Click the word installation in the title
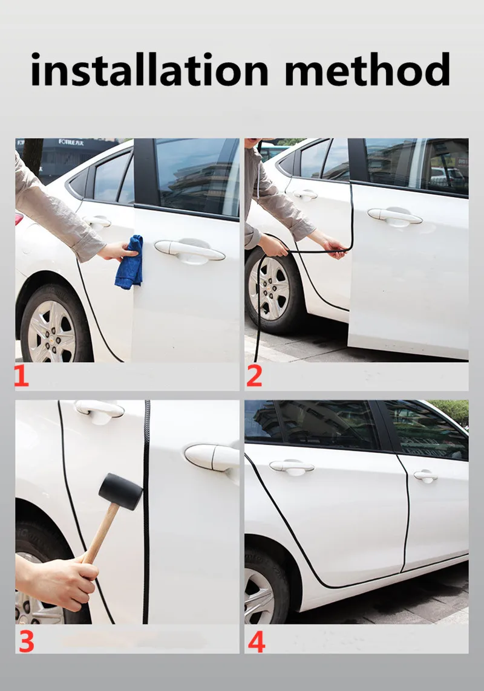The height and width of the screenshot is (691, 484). [149, 69]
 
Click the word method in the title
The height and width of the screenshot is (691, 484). [367, 69]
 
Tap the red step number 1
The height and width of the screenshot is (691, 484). [22, 376]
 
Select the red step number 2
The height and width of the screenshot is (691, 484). [254, 376]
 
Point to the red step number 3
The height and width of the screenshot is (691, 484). [27, 641]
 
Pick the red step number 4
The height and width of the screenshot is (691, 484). [257, 641]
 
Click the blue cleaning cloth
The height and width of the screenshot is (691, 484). [129, 262]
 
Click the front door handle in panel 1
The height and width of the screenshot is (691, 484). [189, 250]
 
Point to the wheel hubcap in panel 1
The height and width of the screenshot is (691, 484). [51, 331]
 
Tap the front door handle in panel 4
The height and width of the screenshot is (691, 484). [425, 475]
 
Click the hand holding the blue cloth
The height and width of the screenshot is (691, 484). [117, 251]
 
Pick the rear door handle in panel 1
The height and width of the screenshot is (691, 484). [97, 221]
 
